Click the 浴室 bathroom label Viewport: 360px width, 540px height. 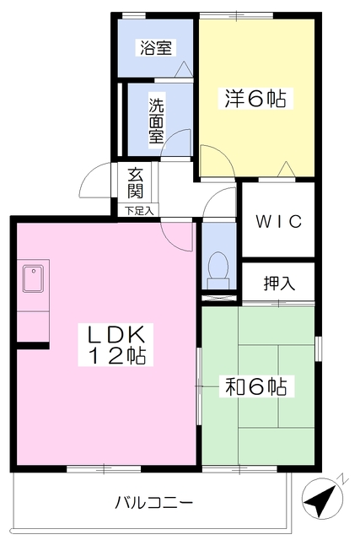click(x=156, y=48)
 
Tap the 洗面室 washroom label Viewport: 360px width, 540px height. click(x=157, y=121)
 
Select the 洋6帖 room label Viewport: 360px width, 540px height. click(x=255, y=99)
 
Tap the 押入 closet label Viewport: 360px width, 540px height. click(x=279, y=283)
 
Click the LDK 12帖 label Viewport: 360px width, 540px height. click(x=117, y=343)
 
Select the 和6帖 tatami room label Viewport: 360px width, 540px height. click(x=255, y=387)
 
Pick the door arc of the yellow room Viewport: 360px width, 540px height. click(x=213, y=159)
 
